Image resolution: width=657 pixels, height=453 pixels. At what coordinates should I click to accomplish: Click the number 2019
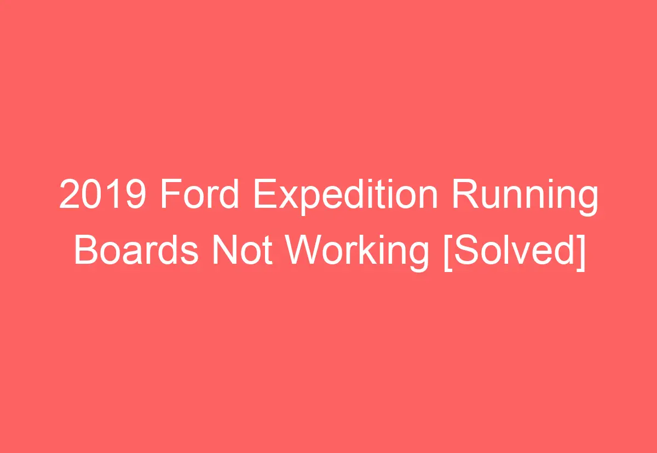point(102,196)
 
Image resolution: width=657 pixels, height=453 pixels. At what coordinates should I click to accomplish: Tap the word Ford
point(200,196)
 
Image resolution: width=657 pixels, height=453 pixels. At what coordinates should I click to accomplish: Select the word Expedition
point(345,196)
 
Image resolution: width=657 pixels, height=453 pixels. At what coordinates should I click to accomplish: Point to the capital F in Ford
point(170,196)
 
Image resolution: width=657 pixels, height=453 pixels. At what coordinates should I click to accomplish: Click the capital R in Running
point(463,196)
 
